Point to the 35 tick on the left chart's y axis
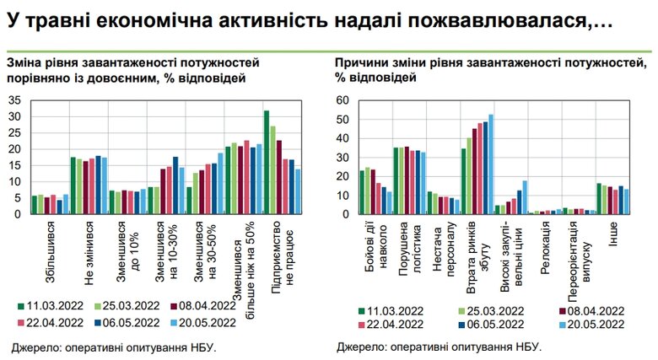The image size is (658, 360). pyautogui.click(x=14, y=100)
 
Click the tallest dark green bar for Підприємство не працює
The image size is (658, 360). pyautogui.click(x=267, y=162)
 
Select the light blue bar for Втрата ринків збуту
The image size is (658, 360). pyautogui.click(x=491, y=164)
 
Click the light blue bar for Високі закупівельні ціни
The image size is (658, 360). pyautogui.click(x=525, y=197)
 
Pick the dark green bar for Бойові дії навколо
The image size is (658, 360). pyautogui.click(x=363, y=192)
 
